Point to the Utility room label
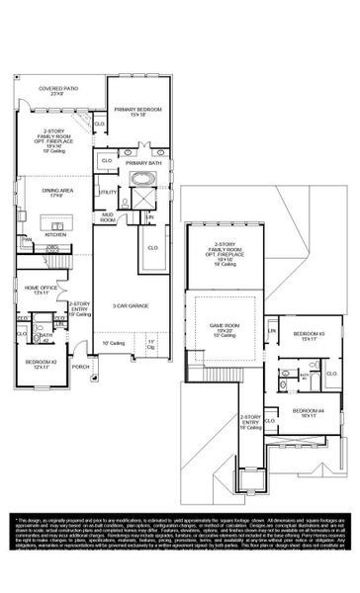click(x=107, y=192)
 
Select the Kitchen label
click(x=54, y=234)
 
